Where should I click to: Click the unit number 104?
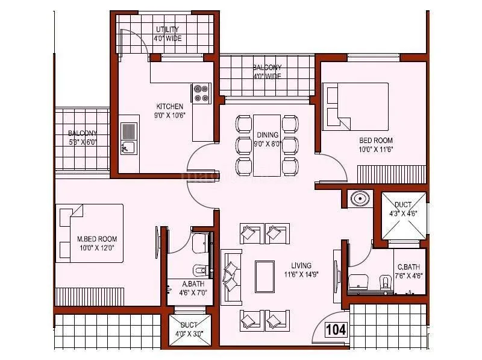(x=336, y=330)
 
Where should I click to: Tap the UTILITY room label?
(x=167, y=30)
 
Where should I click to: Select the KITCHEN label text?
(x=169, y=106)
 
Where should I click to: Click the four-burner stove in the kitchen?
(x=201, y=93)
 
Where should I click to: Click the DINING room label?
(x=268, y=134)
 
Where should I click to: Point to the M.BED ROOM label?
(x=96, y=239)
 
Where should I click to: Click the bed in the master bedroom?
(x=90, y=233)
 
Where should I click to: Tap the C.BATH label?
(x=408, y=267)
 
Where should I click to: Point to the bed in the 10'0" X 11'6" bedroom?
(x=355, y=106)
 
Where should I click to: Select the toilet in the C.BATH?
(x=385, y=280)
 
